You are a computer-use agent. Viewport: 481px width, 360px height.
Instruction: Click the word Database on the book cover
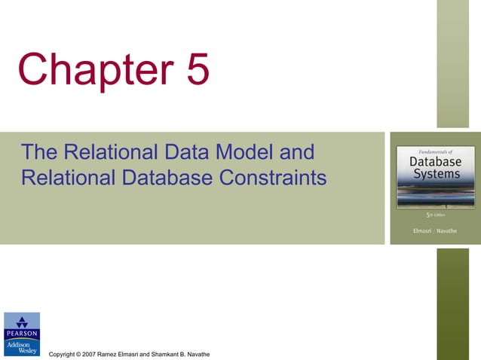coord(435,161)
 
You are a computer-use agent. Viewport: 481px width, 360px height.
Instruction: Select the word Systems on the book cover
coord(435,175)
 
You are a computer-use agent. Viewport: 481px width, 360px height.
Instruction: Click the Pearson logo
coord(22,325)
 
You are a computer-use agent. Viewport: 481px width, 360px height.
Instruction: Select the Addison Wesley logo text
coord(22,346)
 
